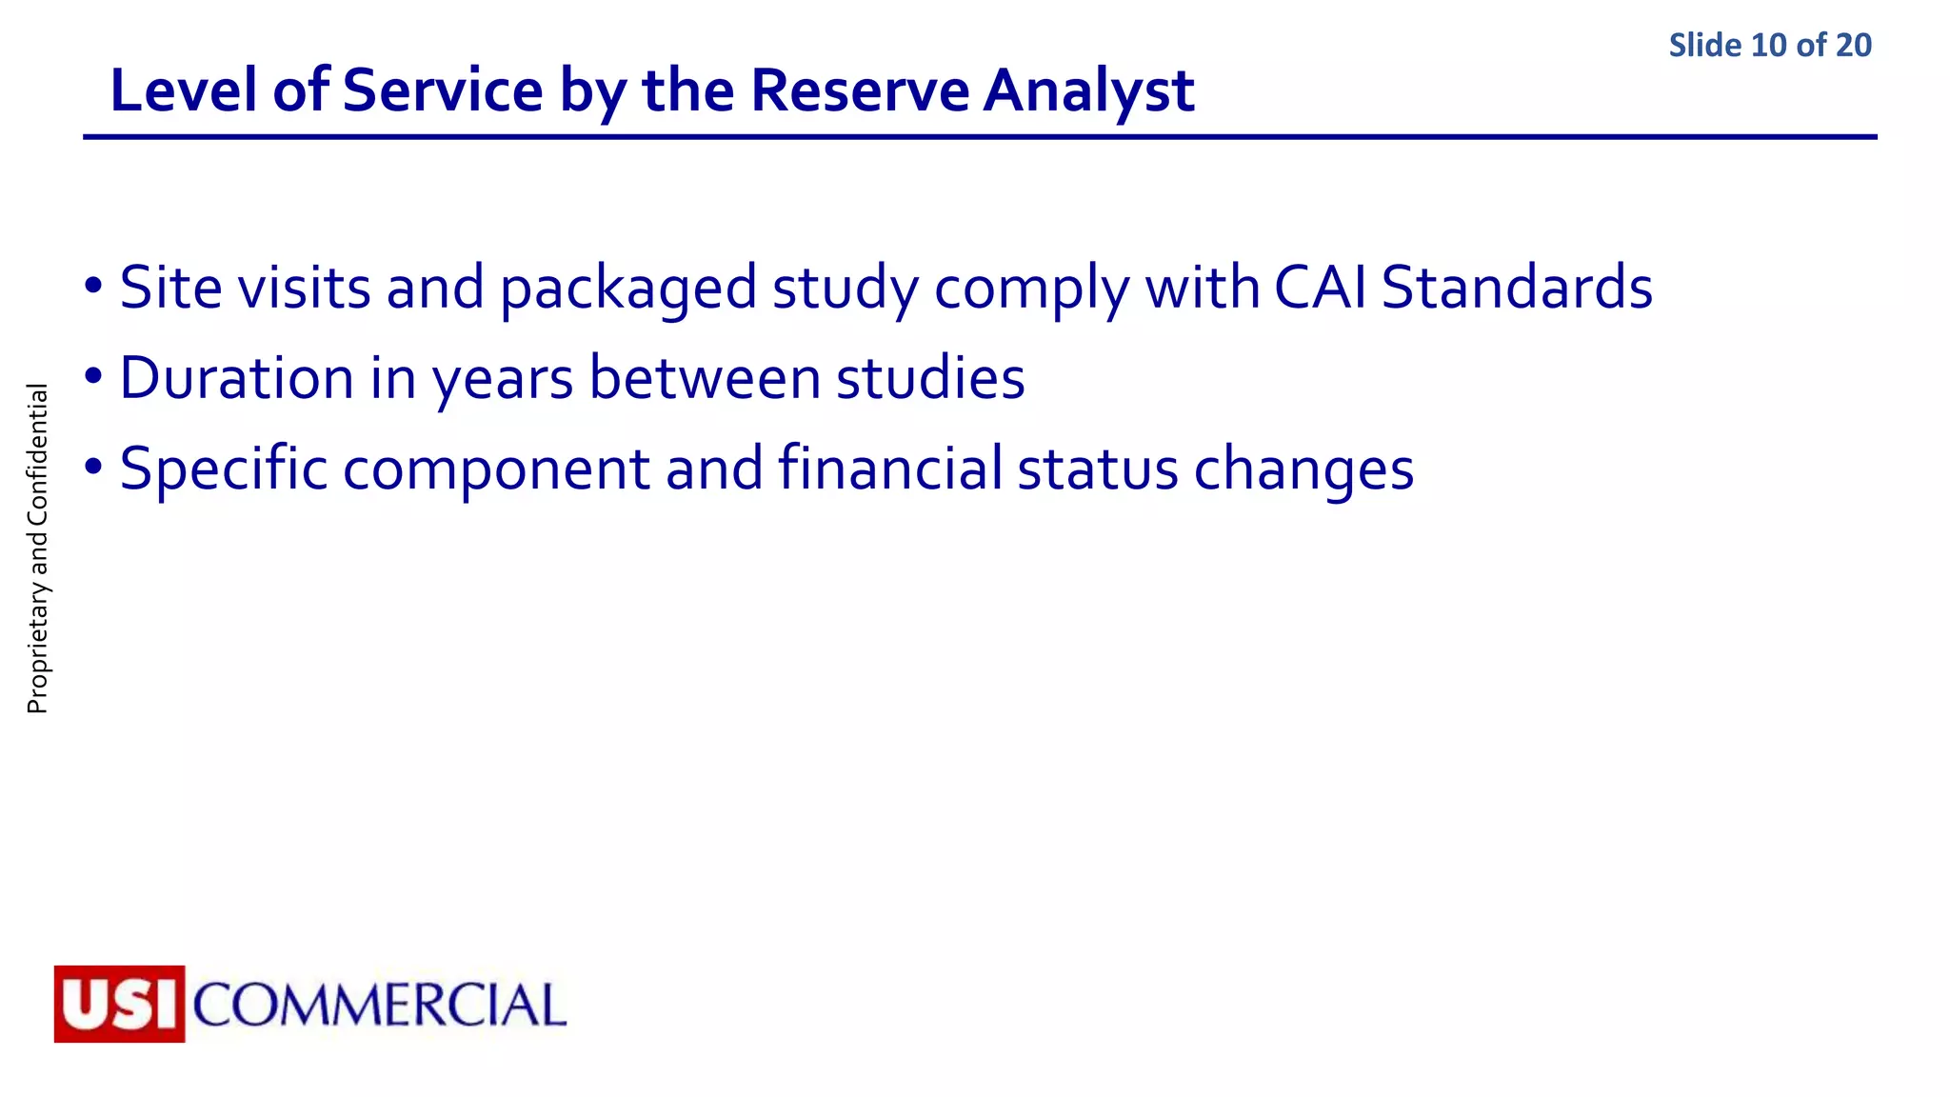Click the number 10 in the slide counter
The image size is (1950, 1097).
click(1769, 46)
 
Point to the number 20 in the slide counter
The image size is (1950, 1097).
click(1853, 46)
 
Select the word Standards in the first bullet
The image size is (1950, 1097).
click(1517, 288)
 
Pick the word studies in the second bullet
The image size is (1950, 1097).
click(930, 378)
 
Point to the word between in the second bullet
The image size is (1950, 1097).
click(705, 378)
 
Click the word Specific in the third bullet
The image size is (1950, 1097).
click(223, 469)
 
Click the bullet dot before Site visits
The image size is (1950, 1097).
click(93, 286)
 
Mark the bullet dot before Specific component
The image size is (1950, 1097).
click(93, 468)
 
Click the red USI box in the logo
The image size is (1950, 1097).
click(119, 1004)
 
